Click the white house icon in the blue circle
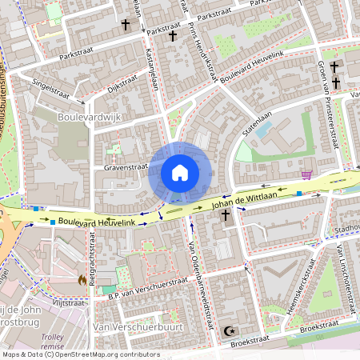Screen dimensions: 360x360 pos(179,173)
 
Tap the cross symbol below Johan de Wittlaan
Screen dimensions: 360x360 pos(226,215)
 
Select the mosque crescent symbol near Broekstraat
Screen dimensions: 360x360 pos(231,330)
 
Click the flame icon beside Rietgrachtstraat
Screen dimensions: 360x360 pos(82,279)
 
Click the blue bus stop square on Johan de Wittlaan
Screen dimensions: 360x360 pos(298,194)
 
